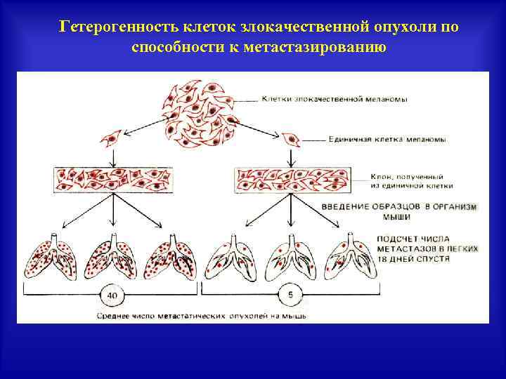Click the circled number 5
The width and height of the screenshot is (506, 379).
(x=290, y=295)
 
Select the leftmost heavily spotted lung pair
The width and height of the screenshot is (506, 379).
(x=49, y=258)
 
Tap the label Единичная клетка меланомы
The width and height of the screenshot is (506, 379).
(x=387, y=140)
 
